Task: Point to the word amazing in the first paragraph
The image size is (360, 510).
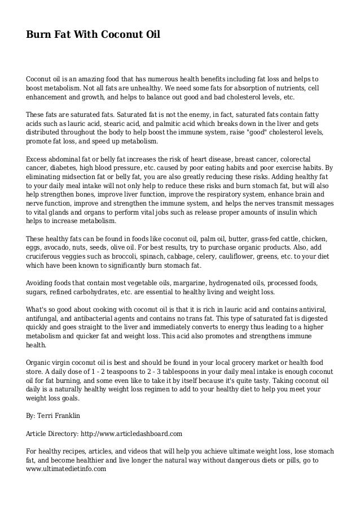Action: [x=90, y=79]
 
